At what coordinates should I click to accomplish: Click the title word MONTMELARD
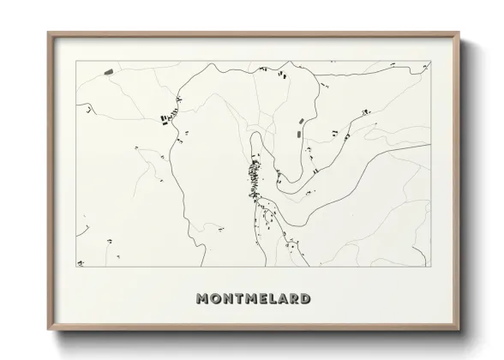(253, 299)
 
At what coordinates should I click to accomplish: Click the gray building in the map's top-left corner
(108, 72)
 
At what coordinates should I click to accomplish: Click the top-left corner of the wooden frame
(48, 33)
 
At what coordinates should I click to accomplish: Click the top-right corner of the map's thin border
(430, 61)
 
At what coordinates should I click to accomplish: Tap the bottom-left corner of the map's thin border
(76, 266)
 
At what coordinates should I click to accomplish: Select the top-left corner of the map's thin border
(76, 61)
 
